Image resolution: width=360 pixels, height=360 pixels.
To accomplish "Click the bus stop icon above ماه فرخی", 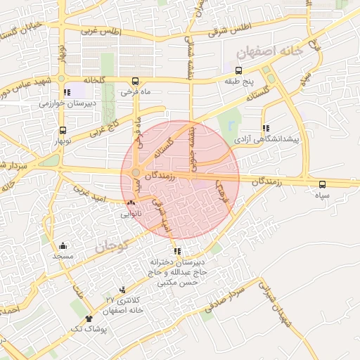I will click(135, 81).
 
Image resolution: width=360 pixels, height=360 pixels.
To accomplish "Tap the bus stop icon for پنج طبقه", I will click(238, 70).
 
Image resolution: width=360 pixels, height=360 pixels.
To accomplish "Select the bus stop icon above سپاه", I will click(322, 184).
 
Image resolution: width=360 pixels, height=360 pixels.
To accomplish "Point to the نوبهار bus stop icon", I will click(63, 130).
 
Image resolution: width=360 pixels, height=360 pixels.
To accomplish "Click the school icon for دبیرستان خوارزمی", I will click(66, 92).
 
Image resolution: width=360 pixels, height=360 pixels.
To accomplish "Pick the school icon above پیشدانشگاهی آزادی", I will click(266, 128).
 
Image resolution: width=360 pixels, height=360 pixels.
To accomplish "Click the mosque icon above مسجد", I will click(63, 245).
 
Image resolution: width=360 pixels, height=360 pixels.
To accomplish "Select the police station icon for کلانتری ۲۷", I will click(123, 290).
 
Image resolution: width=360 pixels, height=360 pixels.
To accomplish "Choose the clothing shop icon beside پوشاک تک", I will click(88, 319).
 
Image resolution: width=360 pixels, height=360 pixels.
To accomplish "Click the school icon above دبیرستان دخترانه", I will click(177, 251).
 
